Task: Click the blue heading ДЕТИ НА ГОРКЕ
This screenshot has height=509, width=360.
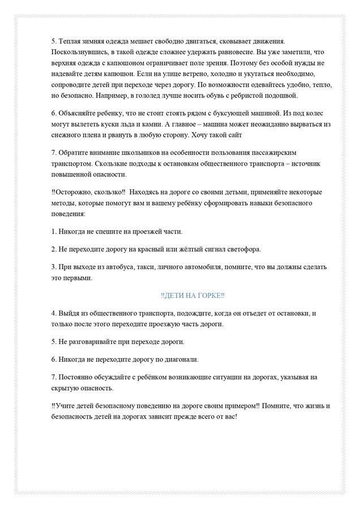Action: click(192, 296)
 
